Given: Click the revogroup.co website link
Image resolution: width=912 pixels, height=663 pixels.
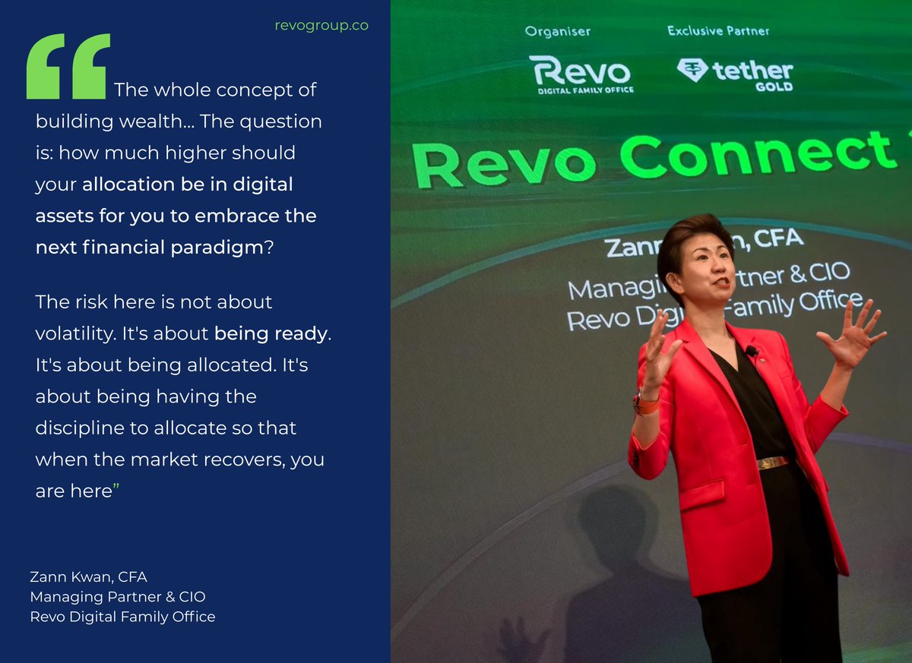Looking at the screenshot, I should click(321, 25).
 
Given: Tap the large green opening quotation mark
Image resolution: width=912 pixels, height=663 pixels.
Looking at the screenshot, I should click(68, 67).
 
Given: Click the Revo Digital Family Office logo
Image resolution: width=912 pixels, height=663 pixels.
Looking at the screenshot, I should click(581, 74).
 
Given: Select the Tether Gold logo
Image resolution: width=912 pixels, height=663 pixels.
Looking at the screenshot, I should click(735, 74).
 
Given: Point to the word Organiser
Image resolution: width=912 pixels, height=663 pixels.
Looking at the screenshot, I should click(558, 32).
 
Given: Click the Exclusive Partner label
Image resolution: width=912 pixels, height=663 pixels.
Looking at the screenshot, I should click(718, 31).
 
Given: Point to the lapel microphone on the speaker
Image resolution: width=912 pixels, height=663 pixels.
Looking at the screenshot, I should click(751, 351).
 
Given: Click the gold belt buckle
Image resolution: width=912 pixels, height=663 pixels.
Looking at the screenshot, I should click(774, 462).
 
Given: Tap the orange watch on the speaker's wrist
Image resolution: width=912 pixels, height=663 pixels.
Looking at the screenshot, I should click(646, 403).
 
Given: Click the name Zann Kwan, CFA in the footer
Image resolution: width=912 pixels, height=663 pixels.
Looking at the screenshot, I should click(88, 577).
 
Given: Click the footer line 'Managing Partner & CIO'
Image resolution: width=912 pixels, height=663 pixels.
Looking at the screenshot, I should click(118, 597).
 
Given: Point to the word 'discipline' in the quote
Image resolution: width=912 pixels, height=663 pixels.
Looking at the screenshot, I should click(81, 428).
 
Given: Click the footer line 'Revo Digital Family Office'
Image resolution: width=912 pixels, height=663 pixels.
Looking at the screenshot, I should click(122, 616).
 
